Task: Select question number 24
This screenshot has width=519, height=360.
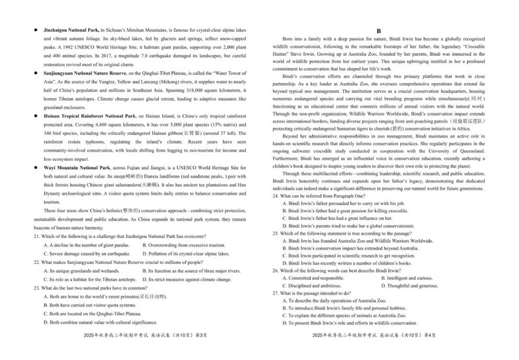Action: coord(275,195)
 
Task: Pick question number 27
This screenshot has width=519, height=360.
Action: coord(275,293)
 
